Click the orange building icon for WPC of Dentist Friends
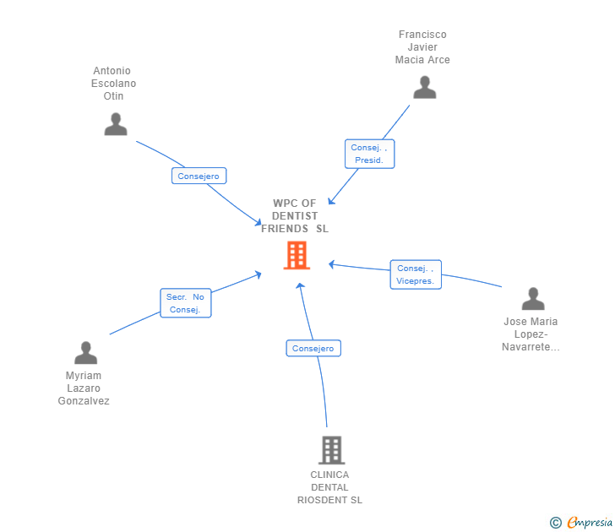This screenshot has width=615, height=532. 297,255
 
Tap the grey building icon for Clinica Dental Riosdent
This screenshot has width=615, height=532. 331,450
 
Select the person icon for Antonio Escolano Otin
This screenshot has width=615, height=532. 116,124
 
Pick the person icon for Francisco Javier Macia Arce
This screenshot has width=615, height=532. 424,87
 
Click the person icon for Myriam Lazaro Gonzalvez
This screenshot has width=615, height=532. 85,353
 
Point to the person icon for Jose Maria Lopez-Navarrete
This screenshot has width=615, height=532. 532,299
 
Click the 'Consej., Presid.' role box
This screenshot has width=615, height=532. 369,154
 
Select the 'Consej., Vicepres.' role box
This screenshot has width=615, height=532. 416,274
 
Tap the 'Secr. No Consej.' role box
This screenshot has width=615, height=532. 185,303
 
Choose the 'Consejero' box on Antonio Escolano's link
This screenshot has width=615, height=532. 199,176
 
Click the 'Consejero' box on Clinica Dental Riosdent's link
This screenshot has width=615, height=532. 313,348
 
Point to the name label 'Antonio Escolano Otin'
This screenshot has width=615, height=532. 114,84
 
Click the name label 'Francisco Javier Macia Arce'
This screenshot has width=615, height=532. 422,47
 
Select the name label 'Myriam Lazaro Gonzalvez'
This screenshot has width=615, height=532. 84,388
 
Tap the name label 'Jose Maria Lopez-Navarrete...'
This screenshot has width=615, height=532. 531,334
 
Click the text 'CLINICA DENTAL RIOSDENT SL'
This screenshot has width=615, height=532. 329,487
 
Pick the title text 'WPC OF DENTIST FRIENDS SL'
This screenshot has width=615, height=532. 295,216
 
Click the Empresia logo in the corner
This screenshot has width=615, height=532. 590,523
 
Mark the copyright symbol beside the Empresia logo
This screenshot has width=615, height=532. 555,523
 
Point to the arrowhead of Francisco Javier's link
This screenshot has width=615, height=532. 331,201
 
